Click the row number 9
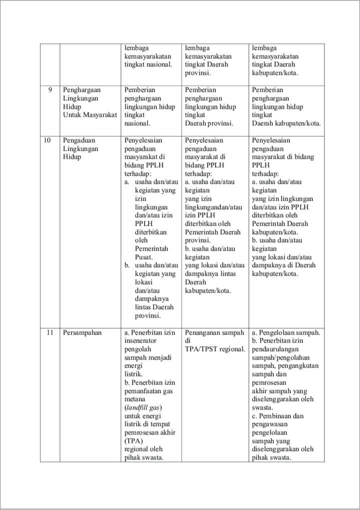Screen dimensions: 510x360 click(x=50, y=90)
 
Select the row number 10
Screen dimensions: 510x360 click(x=47, y=141)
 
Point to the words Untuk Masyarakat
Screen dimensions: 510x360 click(x=90, y=115)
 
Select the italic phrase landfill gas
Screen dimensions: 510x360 click(x=143, y=408)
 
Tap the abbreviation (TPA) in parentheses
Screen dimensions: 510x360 click(x=133, y=441)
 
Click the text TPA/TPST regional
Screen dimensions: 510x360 click(x=215, y=349)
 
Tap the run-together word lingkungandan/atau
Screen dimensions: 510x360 click(x=213, y=207)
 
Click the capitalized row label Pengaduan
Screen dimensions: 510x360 click(x=79, y=141)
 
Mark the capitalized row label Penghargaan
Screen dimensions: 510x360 click(x=82, y=90)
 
